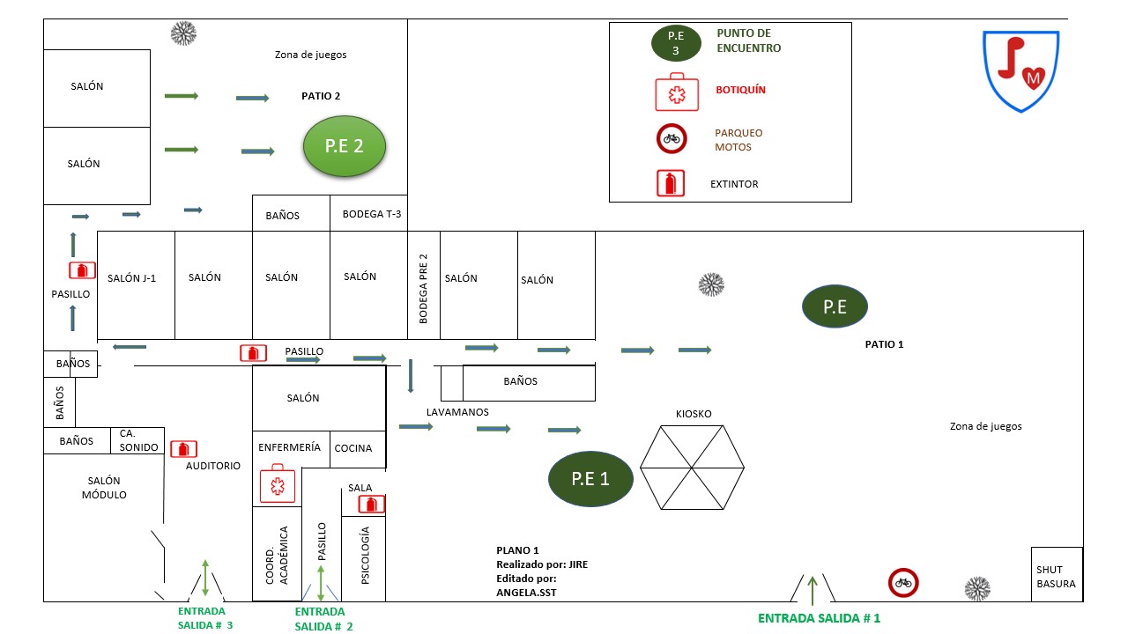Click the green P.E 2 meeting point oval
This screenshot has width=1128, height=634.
[x=345, y=146]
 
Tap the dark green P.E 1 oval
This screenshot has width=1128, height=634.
[x=590, y=479]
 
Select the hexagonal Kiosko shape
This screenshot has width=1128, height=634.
[x=692, y=467]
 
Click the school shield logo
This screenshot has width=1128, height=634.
[x=1020, y=70]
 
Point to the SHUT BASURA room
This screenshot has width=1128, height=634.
[x=1056, y=576]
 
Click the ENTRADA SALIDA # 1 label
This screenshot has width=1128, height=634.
[x=819, y=618]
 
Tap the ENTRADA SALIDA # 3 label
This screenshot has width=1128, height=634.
[x=205, y=618]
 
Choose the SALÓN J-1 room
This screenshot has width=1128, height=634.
[x=132, y=278]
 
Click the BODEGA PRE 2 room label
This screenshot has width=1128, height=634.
[x=423, y=289]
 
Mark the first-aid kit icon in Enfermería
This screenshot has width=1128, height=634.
[x=278, y=484]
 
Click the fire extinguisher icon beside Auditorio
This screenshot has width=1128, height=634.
[x=183, y=449]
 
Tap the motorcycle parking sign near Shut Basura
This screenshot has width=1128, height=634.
[x=903, y=582]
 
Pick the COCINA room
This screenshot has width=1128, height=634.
[x=352, y=448]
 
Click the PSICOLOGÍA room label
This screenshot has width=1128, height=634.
[x=365, y=555]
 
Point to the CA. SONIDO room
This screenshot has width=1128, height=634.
[x=138, y=440]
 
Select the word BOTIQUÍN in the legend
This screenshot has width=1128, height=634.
[x=740, y=90]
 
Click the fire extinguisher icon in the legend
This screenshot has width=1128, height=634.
[x=671, y=184]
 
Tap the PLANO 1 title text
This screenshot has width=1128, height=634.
[x=517, y=550]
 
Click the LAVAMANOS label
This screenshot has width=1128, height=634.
[x=457, y=412]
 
